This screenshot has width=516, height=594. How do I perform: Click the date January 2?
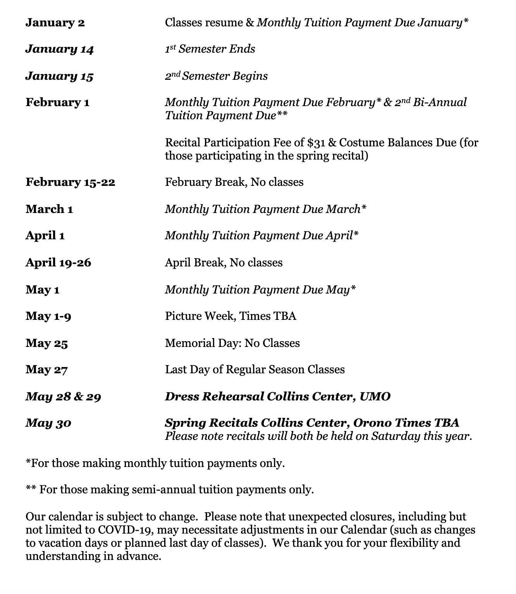[x=55, y=23]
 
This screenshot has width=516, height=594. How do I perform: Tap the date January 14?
[x=60, y=50]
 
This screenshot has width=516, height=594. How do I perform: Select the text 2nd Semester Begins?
[x=216, y=76]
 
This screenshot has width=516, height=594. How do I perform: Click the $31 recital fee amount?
[x=316, y=142]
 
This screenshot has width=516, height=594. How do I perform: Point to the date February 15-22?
[x=71, y=182]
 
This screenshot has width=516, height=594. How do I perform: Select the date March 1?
[x=49, y=209]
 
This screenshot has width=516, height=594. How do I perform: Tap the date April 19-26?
[x=58, y=263]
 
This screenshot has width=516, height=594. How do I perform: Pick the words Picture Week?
[x=200, y=316]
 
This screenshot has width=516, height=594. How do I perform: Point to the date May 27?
[x=46, y=370]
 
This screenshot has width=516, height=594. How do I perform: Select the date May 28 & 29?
[x=63, y=397]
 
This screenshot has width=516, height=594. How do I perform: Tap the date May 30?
[x=48, y=423]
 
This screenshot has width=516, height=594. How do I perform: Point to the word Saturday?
[x=396, y=436]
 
